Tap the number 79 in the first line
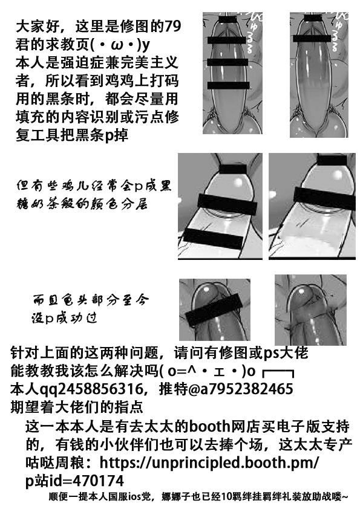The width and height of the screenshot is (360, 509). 173,27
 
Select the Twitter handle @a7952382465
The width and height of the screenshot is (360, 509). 241,389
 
